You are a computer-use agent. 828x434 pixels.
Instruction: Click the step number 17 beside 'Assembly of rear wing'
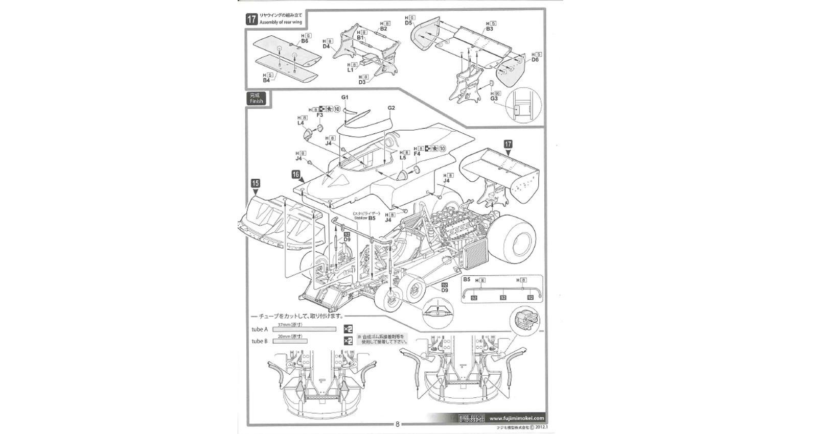click(251, 19)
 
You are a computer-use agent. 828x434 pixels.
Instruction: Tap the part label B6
click(305, 41)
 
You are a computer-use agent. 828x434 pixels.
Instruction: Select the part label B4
click(266, 80)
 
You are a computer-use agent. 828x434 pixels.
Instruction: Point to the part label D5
click(408, 23)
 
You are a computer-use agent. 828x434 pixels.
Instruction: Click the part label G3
click(494, 99)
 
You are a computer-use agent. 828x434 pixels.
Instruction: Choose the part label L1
click(351, 70)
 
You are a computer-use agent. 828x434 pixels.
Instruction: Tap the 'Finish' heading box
click(256, 99)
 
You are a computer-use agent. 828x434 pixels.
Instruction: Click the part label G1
click(344, 97)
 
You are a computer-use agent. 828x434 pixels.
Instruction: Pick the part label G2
click(392, 108)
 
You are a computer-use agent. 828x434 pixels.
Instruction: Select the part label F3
click(320, 115)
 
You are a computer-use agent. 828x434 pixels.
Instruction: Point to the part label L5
click(403, 158)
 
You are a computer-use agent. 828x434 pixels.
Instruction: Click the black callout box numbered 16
click(296, 175)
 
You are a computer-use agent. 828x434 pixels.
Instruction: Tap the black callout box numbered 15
click(256, 183)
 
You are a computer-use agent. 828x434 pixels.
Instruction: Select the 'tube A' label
click(260, 329)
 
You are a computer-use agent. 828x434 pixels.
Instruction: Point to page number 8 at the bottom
click(398, 424)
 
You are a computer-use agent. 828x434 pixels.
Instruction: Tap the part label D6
click(535, 60)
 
